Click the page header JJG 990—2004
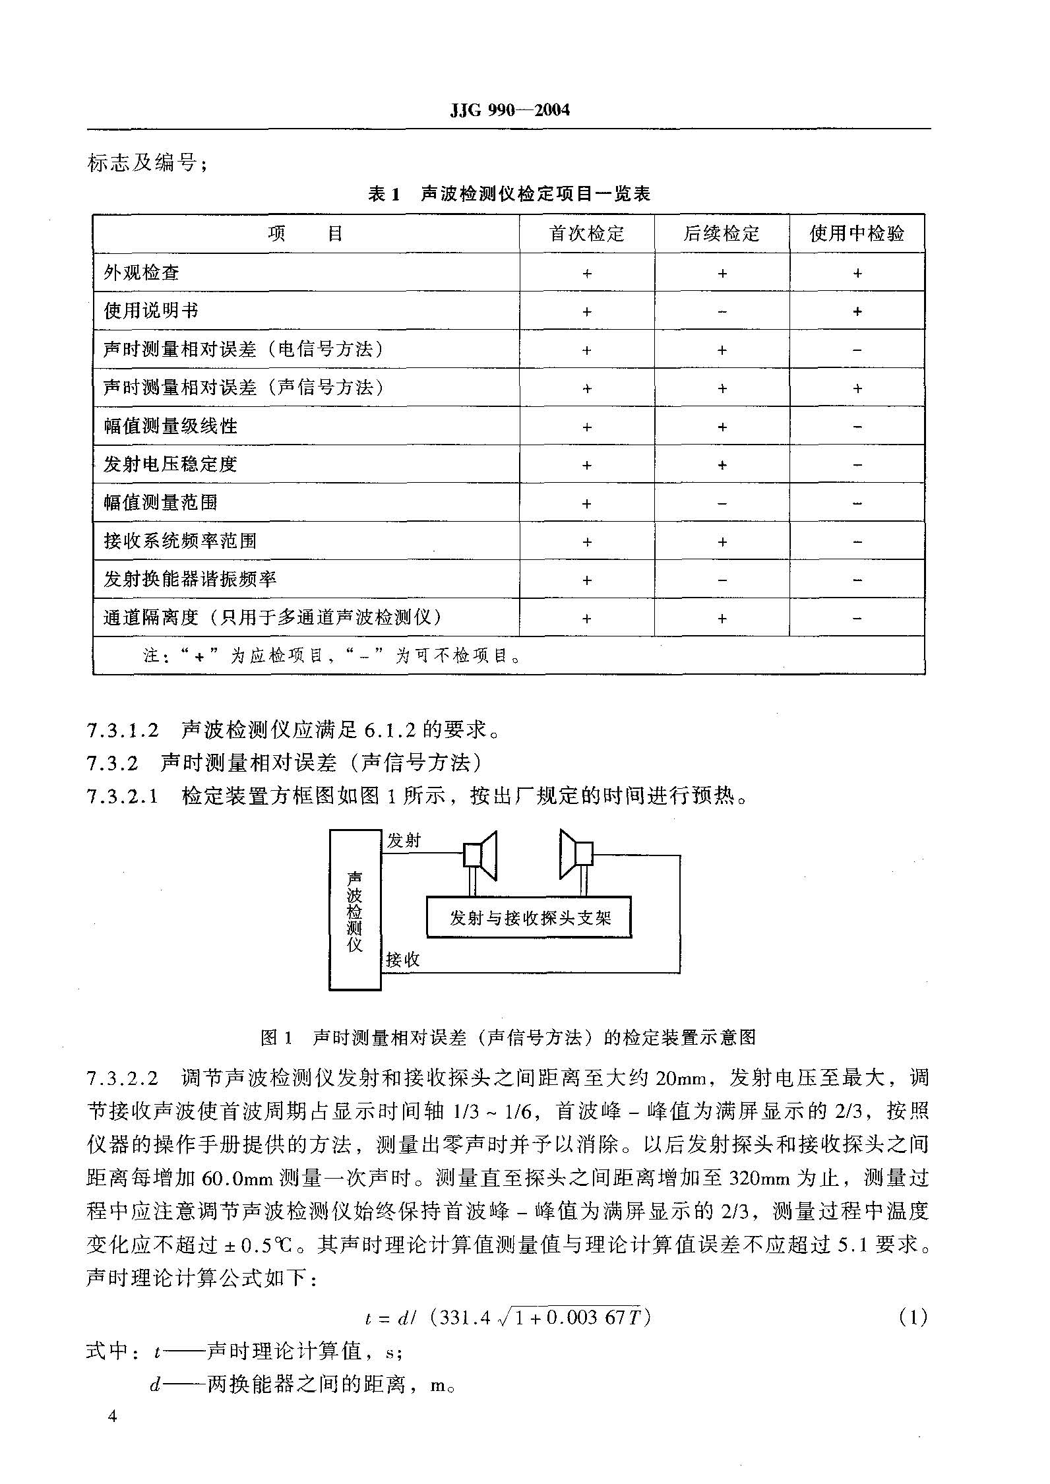(509, 110)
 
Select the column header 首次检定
(586, 233)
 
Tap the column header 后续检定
(722, 233)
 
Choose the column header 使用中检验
(857, 233)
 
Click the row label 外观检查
(142, 272)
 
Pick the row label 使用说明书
(151, 311)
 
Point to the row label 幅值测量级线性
(170, 426)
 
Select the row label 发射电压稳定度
(170, 464)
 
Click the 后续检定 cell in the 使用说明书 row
(722, 311)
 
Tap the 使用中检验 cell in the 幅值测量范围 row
(857, 503)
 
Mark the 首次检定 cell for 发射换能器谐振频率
(586, 580)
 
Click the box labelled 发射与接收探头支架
(529, 917)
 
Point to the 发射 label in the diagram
(404, 841)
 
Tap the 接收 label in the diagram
(403, 960)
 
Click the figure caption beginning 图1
(509, 1037)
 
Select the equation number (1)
(913, 1318)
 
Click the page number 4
(113, 1417)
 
